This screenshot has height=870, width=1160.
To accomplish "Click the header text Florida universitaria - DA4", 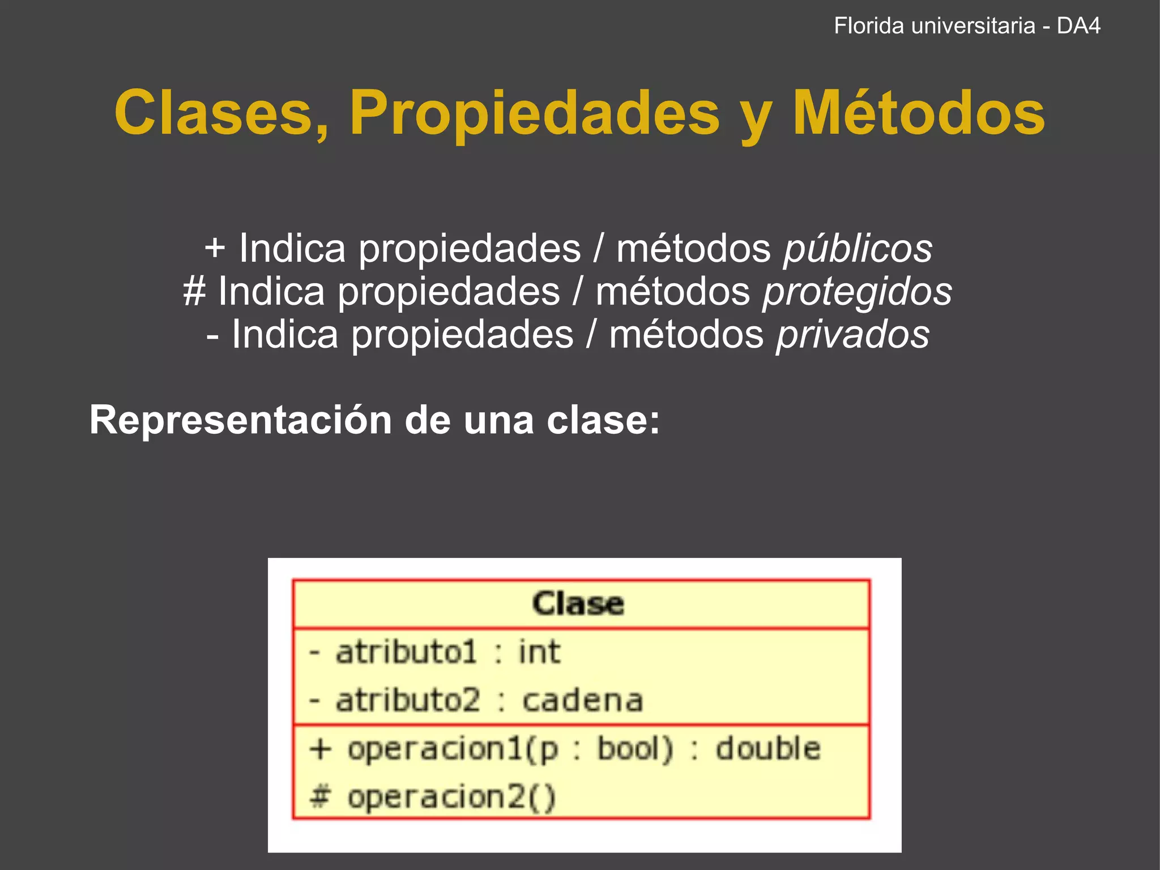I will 967,26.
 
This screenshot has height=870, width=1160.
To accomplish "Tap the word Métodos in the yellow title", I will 918,113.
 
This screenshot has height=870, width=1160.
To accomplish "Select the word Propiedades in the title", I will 534,113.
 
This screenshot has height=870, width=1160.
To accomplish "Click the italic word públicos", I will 858,249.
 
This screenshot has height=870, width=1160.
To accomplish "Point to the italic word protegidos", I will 857,292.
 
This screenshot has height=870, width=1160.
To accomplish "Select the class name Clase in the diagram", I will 578,604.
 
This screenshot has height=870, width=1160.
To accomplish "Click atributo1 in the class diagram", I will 406,652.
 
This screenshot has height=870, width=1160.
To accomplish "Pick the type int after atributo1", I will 539,652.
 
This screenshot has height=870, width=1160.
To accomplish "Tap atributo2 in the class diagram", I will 408,701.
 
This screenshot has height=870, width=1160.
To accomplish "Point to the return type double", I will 767,749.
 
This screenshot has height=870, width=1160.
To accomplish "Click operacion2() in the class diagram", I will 451,797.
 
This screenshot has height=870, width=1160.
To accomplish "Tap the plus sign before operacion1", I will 320,749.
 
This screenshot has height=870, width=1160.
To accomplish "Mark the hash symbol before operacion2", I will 320,797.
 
